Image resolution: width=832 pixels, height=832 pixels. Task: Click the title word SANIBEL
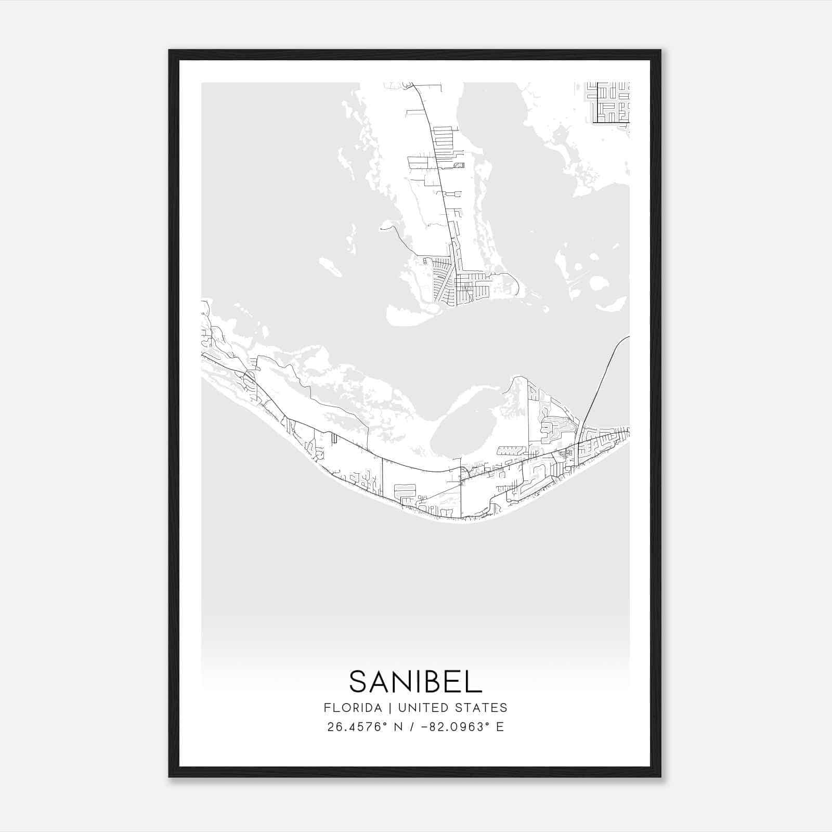tap(415, 681)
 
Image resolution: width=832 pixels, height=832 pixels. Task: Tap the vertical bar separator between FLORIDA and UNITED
tap(383, 708)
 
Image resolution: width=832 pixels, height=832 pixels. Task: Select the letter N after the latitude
tap(399, 727)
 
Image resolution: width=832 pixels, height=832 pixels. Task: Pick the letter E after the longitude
tap(500, 727)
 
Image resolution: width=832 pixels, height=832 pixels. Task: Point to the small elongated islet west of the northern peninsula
tap(330, 267)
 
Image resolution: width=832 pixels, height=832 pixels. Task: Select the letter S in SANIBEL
tap(359, 681)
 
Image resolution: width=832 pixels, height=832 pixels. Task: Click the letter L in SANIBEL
tap(475, 681)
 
